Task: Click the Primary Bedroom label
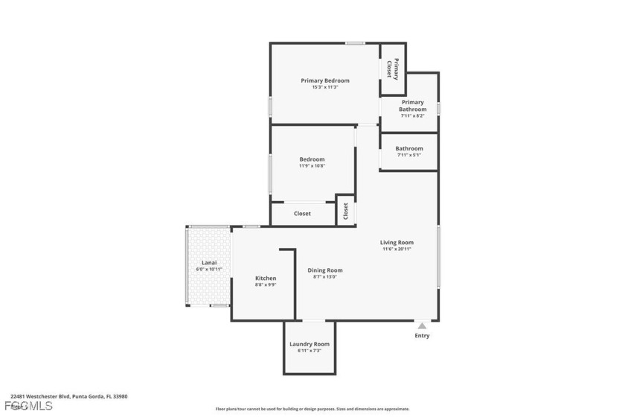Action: [x=325, y=80]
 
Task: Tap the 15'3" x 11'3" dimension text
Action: [x=325, y=87]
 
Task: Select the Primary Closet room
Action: [x=393, y=69]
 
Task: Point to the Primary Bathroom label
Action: [x=412, y=106]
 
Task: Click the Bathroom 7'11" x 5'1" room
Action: [x=408, y=152]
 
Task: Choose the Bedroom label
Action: [x=312, y=159]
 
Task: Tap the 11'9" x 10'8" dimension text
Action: [x=312, y=166]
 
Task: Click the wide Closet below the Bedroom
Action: [x=302, y=214]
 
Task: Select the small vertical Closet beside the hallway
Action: [x=345, y=211]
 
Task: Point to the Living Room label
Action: [x=397, y=243]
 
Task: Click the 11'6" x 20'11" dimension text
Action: [x=397, y=249]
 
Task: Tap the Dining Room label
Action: [x=325, y=270]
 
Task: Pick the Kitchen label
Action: [x=266, y=278]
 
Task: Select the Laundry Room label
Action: [x=310, y=344]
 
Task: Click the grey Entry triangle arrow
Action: [x=422, y=325]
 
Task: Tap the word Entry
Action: [x=422, y=336]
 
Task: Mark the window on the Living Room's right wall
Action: [x=438, y=257]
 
